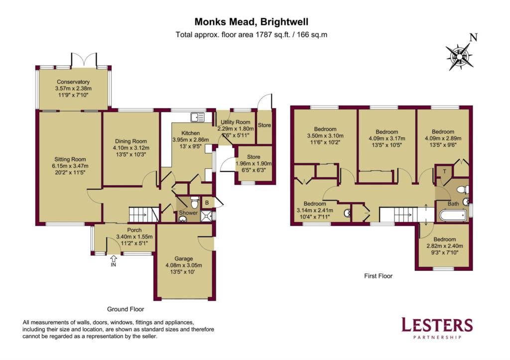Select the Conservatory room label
pos(73,82)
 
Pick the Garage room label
pos(183,258)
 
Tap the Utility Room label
pos(236,122)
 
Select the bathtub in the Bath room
pos(453,215)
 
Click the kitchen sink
pos(197,118)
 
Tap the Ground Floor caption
pos(126,309)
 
